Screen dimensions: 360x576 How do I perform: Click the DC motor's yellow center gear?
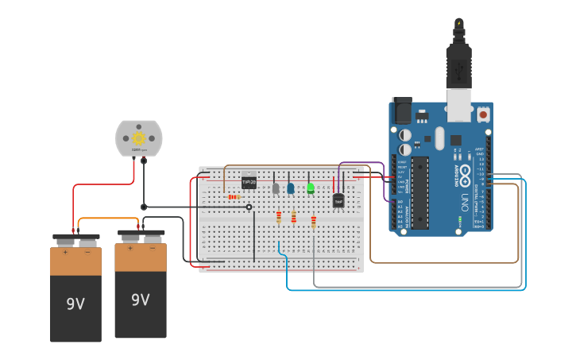click(x=139, y=137)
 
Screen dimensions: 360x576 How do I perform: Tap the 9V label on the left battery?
click(x=75, y=304)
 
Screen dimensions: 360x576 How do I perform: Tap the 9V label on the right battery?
click(x=141, y=300)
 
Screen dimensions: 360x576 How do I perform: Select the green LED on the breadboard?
click(x=311, y=188)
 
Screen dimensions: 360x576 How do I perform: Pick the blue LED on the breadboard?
click(x=291, y=188)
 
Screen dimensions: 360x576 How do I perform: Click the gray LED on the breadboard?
click(x=276, y=188)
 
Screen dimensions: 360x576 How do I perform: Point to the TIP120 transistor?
click(x=249, y=182)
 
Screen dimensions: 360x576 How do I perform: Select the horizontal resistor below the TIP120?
click(x=234, y=196)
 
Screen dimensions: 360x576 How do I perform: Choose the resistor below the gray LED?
click(x=279, y=217)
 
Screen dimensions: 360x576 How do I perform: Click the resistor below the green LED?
click(x=314, y=222)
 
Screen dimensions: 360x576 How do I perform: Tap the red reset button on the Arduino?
click(x=483, y=114)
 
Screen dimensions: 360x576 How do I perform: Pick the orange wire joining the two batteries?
click(x=109, y=220)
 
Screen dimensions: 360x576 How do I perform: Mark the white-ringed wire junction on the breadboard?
click(x=249, y=207)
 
